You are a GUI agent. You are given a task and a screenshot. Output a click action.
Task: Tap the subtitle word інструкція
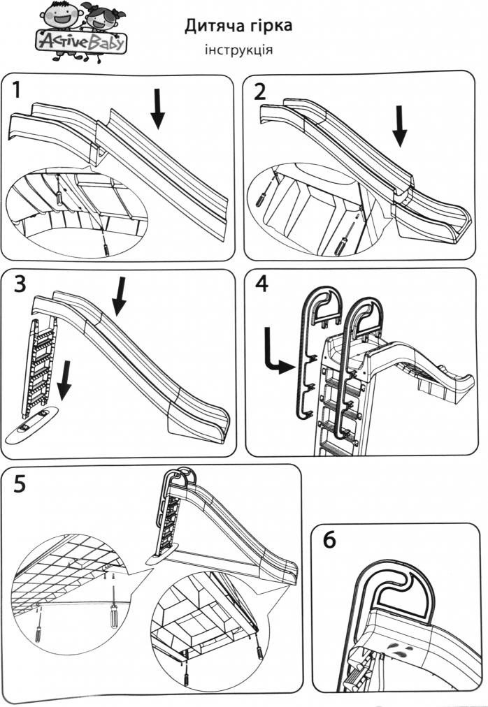tap(238, 50)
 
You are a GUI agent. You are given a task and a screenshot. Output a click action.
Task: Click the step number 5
tap(20, 483)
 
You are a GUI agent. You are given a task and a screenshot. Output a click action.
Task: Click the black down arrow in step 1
tap(159, 110)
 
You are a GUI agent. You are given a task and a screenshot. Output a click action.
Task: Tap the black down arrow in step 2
tap(400, 126)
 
